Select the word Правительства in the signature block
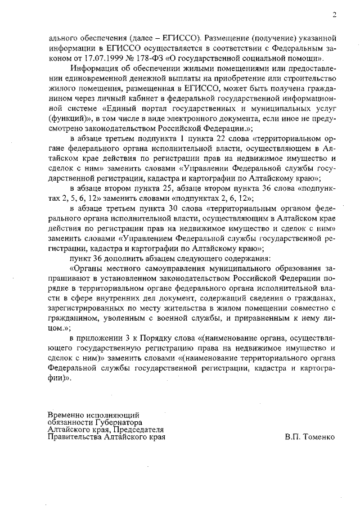point(75,436)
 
